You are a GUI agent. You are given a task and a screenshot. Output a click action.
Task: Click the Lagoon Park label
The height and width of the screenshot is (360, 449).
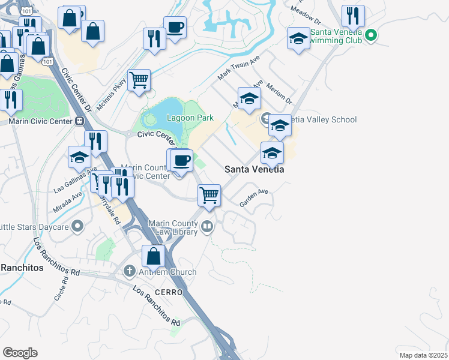[x=190, y=118]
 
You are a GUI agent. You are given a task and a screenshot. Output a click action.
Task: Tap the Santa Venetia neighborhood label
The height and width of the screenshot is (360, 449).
[x=254, y=169]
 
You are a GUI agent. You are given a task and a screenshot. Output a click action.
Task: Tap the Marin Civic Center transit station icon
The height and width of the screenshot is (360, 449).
[x=79, y=121]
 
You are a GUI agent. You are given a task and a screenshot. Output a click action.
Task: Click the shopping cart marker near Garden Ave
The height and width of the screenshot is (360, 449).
[x=209, y=194]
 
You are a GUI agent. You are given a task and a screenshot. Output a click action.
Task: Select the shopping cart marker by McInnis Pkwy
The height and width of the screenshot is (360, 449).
[x=139, y=79]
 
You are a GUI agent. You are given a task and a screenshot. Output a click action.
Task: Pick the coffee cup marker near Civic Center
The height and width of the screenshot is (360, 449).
[x=181, y=160]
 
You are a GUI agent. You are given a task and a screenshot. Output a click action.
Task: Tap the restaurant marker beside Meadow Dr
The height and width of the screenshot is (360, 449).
[x=353, y=16]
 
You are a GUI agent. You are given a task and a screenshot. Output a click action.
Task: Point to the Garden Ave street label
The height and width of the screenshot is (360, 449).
[x=254, y=198]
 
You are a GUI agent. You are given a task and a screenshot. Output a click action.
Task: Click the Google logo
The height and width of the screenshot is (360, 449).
[x=20, y=353]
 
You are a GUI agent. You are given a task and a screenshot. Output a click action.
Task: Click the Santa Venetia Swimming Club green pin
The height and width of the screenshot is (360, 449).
[x=370, y=36]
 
